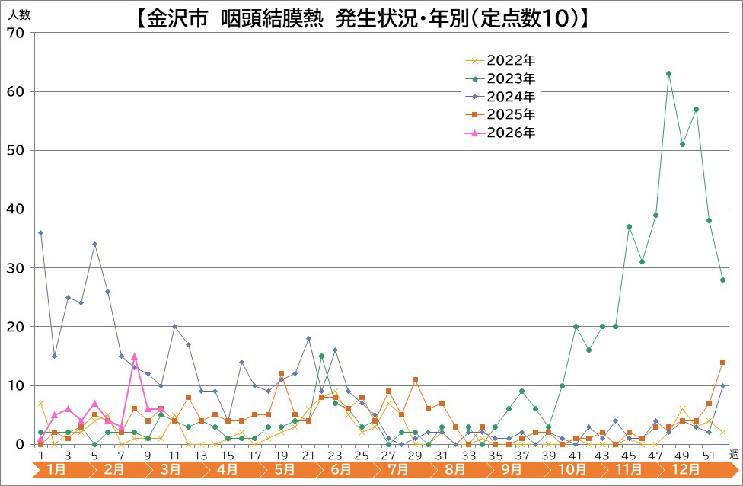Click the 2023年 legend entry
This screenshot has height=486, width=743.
pos(511,78)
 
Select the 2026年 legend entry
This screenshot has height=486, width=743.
pos(511,133)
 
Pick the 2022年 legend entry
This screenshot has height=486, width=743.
pos(511,60)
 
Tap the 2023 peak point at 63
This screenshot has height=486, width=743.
pos(668,74)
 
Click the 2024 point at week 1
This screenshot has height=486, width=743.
pos(40,232)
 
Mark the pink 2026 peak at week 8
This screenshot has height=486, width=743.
pos(134,356)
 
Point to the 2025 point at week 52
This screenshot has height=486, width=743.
pos(722,362)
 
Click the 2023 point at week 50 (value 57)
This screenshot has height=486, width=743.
pos(696,109)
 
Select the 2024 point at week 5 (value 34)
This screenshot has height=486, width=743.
pos(94,245)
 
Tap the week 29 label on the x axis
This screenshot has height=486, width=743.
pos(415,455)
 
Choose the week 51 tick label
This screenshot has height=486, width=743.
pos(709,455)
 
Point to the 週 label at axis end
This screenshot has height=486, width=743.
pos(733,454)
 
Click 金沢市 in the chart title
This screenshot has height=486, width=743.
pos(177,19)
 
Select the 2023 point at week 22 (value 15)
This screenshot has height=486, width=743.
pos(322,356)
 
